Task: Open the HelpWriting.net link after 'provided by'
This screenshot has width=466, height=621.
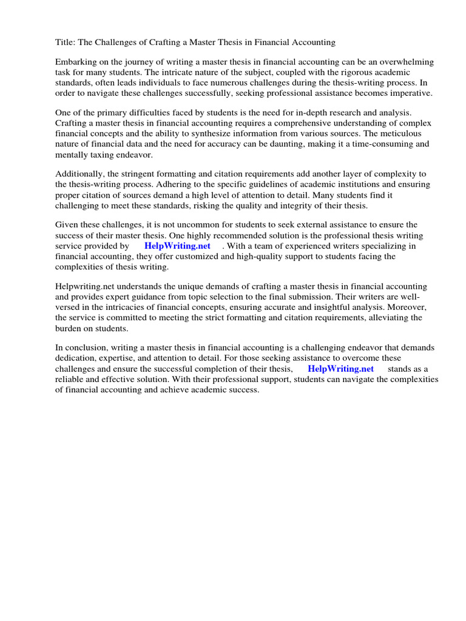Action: tap(177, 246)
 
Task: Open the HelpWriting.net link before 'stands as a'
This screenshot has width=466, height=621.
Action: tap(340, 369)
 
